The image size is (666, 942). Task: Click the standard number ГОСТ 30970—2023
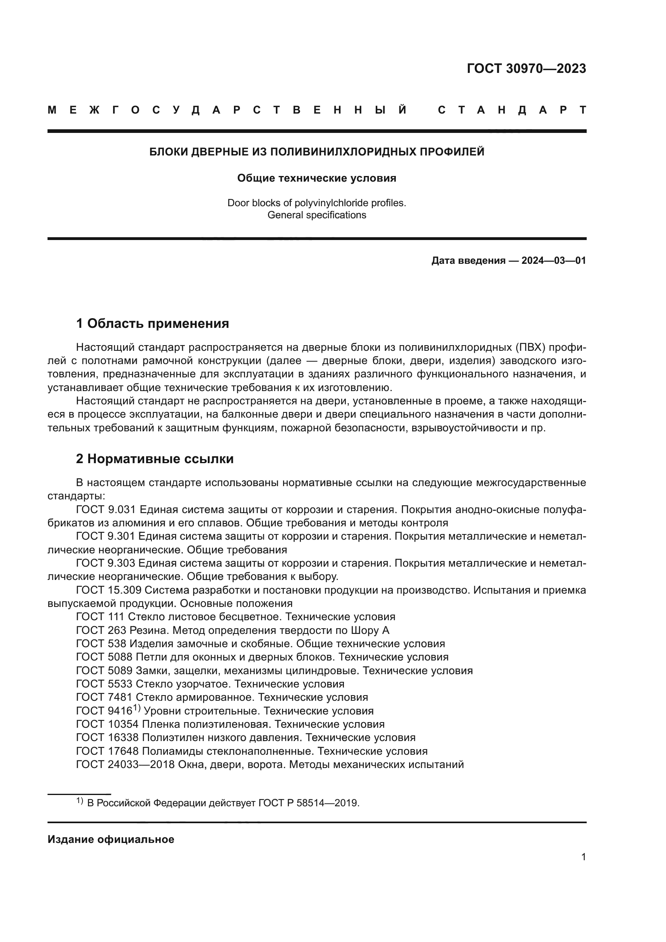point(526,68)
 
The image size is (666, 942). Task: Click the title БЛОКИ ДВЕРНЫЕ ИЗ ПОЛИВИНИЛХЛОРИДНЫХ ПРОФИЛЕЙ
point(316,152)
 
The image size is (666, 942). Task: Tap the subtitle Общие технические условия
point(316,178)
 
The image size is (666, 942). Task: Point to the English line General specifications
point(316,215)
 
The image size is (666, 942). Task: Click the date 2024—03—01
point(553,261)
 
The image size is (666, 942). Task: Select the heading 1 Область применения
point(152,323)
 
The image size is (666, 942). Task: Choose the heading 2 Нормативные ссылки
point(155,459)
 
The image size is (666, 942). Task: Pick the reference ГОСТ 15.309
point(109,590)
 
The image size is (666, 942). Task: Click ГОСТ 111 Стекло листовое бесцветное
point(236,617)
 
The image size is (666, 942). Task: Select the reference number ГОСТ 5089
point(104,671)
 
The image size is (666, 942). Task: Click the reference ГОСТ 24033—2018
point(125,764)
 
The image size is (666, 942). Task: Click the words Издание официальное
point(111,839)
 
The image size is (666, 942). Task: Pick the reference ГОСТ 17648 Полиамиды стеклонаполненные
point(251,751)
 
